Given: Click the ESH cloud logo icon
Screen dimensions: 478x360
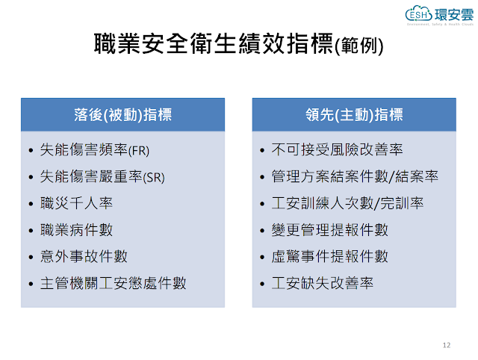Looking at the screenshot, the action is click(418, 13).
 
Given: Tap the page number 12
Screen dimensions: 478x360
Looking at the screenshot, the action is click(447, 345).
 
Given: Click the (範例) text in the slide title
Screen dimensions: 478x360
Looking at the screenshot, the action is click(358, 46).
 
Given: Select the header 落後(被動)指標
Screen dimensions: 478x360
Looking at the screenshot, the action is click(122, 115).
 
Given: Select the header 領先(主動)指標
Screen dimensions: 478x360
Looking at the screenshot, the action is click(354, 115).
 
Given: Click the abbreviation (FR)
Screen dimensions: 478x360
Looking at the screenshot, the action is click(139, 151).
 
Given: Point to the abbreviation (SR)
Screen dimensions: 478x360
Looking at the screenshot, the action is click(154, 178).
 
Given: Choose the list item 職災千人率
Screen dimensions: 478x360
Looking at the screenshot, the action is click(76, 203).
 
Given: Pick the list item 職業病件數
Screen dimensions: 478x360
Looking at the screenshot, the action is click(76, 230).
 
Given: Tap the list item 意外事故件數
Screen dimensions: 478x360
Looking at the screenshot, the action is click(84, 256).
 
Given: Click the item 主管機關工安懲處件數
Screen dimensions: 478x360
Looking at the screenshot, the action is click(113, 283).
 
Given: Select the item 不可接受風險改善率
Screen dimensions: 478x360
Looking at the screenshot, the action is click(337, 149).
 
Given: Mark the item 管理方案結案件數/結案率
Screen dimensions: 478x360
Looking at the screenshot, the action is click(355, 176).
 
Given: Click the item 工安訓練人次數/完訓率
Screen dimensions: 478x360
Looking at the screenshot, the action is click(347, 203).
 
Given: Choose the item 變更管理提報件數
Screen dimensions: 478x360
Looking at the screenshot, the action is click(330, 230).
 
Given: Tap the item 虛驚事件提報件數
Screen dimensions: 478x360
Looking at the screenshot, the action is click(330, 256).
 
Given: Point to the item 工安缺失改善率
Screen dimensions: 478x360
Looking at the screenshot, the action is click(323, 283).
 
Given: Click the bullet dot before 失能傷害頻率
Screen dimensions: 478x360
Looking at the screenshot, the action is click(31, 150).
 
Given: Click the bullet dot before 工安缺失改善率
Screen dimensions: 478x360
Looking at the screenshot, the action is click(262, 284).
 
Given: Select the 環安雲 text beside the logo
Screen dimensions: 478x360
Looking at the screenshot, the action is click(454, 15).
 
